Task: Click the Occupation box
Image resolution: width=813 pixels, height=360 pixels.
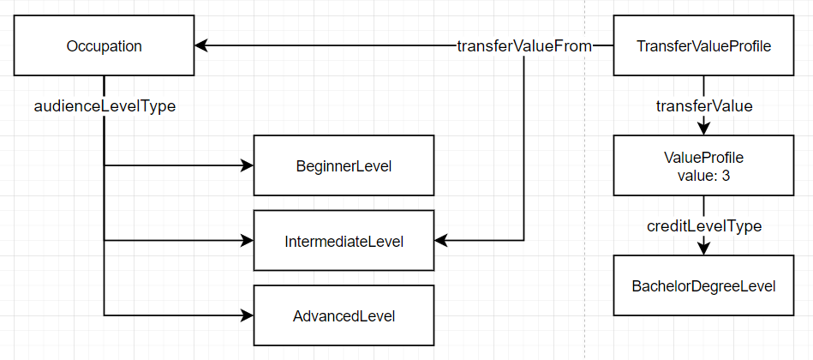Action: click(x=104, y=46)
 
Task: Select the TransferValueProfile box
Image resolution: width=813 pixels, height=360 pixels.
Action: click(x=703, y=46)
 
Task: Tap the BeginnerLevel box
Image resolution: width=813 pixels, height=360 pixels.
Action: click(x=343, y=165)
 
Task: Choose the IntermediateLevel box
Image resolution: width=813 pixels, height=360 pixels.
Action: click(x=343, y=241)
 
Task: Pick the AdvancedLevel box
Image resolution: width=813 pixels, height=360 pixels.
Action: click(x=343, y=315)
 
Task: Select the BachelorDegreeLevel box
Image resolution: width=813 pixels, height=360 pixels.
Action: click(x=703, y=285)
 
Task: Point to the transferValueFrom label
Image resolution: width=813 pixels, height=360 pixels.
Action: click(x=523, y=46)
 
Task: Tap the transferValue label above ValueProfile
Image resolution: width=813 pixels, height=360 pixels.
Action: click(x=703, y=106)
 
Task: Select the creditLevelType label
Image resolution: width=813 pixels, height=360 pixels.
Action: click(x=703, y=226)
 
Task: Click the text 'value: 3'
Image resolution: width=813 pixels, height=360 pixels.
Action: click(x=703, y=175)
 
